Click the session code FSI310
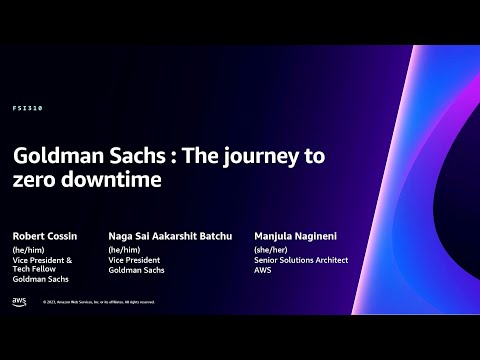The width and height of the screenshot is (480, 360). (x=29, y=107)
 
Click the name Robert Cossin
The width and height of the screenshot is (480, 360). (x=44, y=236)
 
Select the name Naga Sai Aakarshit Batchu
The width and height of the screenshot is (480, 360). (x=171, y=236)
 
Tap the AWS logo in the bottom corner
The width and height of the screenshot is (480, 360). (x=19, y=301)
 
